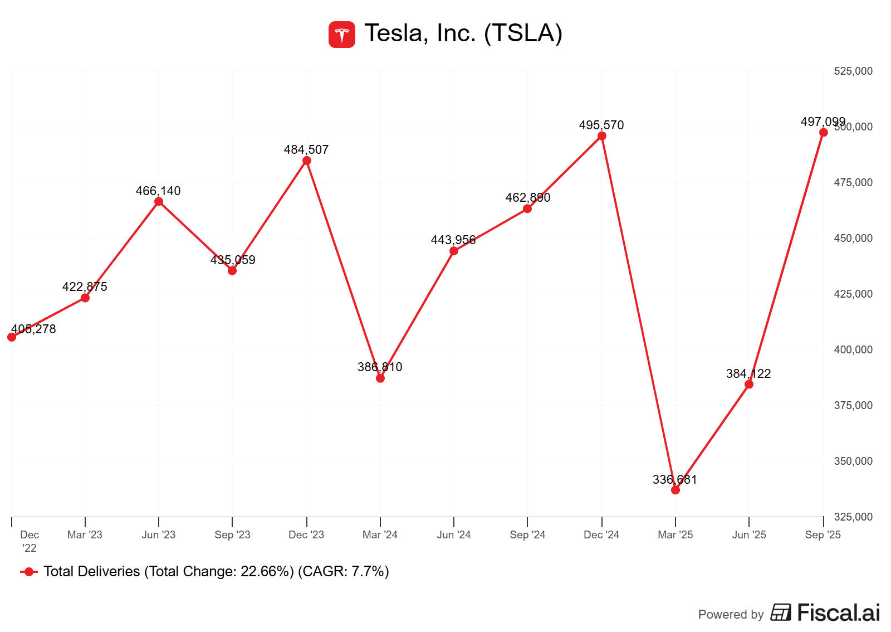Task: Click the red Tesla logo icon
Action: (341, 35)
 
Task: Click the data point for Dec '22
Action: (12, 337)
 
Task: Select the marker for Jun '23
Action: (159, 202)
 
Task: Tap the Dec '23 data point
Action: (307, 161)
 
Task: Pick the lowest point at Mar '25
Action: (675, 490)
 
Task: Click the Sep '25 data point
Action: (824, 133)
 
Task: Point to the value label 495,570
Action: (601, 125)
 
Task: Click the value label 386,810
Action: (380, 367)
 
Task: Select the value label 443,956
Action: (453, 240)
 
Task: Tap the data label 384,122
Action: (748, 374)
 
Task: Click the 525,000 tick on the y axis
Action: (853, 71)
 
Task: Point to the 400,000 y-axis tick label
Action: (853, 350)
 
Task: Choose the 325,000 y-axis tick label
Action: (853, 517)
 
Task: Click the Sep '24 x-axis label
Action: (527, 535)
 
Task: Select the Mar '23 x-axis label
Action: (85, 535)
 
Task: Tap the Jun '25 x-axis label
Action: (749, 535)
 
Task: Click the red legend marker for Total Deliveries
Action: (29, 572)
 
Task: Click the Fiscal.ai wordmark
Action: (838, 612)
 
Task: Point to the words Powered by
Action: (731, 615)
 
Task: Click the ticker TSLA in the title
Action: (523, 33)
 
